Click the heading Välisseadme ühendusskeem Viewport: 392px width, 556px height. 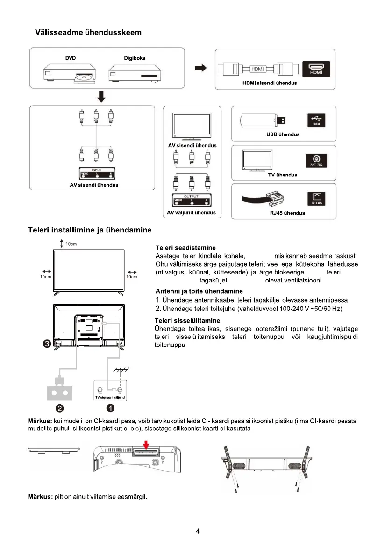pyautogui.click(x=88, y=33)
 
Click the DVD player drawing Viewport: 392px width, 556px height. pyautogui.click(x=71, y=75)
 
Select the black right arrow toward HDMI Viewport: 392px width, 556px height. pyautogui.click(x=200, y=69)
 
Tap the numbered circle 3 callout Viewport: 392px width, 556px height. pyautogui.click(x=47, y=344)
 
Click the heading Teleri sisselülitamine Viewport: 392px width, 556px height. pyautogui.click(x=187, y=320)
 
